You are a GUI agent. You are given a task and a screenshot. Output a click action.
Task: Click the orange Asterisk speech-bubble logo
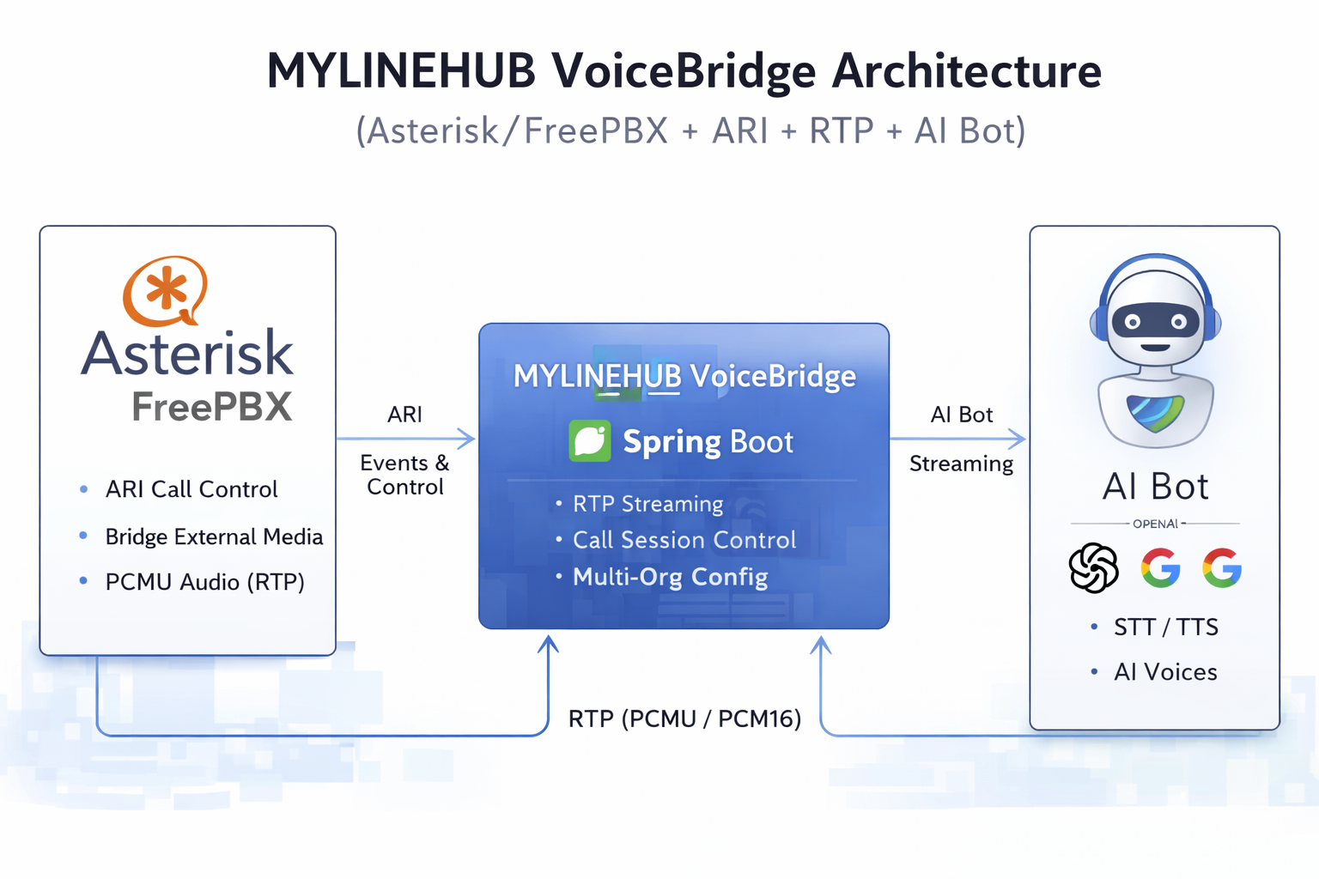point(165,290)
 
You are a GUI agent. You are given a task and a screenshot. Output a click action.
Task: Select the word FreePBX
point(212,407)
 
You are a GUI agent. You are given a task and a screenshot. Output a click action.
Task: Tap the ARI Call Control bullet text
point(191,489)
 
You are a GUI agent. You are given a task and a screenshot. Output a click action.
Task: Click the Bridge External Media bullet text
point(214,536)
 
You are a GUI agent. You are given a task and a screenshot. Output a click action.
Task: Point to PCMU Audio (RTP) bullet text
point(204,582)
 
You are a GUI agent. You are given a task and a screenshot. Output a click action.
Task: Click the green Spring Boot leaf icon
point(590,441)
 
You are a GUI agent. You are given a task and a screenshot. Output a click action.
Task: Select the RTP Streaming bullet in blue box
point(647,504)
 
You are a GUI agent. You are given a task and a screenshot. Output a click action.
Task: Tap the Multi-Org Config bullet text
point(670,577)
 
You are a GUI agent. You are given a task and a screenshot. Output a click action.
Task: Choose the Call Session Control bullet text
point(684,540)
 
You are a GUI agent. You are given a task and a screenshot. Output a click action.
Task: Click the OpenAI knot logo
point(1093,568)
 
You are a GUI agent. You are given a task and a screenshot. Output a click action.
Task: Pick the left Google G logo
point(1160,567)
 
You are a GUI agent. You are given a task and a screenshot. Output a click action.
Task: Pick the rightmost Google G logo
point(1222,567)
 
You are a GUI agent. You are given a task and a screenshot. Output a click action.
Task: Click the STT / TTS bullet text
point(1165,627)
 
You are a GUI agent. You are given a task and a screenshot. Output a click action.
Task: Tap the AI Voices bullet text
point(1165,672)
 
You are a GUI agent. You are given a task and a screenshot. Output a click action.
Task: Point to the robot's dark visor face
point(1155,322)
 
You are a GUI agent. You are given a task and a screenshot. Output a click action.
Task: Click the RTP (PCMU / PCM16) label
point(684,718)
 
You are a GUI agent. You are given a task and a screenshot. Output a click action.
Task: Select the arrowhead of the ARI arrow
point(467,439)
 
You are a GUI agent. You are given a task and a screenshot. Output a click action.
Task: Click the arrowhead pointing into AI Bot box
point(1018,439)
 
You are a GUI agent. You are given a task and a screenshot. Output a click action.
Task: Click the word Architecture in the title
point(966,70)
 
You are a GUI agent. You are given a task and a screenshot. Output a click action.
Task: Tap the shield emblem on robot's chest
point(1155,413)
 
